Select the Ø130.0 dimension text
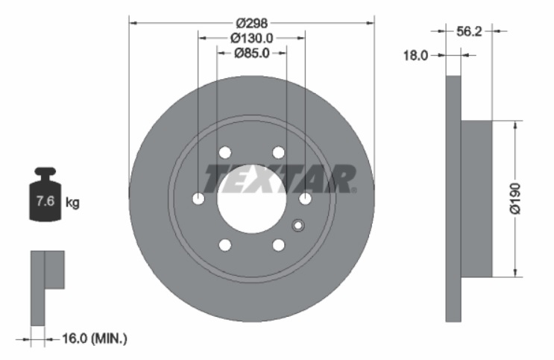(x=251, y=38)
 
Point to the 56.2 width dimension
(x=468, y=31)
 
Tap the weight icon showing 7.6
(x=45, y=195)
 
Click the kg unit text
(x=72, y=201)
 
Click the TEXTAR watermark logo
(x=280, y=179)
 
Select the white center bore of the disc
(x=251, y=198)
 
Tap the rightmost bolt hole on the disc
(x=305, y=198)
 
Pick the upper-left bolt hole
(x=224, y=153)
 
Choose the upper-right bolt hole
(x=278, y=153)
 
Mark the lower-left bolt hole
(x=224, y=244)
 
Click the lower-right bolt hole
(x=278, y=244)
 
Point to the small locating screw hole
(x=298, y=226)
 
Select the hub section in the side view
(x=477, y=198)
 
